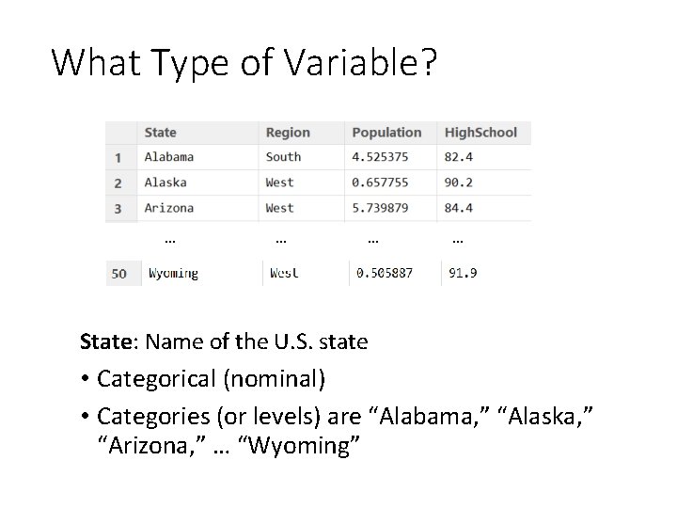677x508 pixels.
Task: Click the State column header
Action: coord(161,133)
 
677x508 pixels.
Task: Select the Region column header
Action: coord(288,133)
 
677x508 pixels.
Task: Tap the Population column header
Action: coord(386,133)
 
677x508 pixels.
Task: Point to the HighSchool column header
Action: coord(480,133)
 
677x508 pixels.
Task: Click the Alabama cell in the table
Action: coord(169,157)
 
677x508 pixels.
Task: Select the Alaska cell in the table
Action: coord(165,183)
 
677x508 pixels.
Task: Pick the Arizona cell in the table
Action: coord(169,208)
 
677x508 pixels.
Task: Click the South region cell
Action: coord(284,157)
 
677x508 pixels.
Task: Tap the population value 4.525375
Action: coord(381,157)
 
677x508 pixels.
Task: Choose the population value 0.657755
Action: coord(381,183)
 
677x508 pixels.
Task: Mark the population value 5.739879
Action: coord(381,208)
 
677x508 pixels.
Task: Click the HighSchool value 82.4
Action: coord(459,157)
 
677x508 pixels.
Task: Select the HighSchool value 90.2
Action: coord(459,183)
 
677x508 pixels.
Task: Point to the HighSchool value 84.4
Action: coord(459,208)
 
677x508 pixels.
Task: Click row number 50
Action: coord(119,274)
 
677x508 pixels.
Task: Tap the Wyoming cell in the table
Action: coord(174,274)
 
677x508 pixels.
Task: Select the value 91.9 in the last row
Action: coord(463,274)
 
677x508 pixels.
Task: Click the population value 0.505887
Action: coord(385,274)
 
